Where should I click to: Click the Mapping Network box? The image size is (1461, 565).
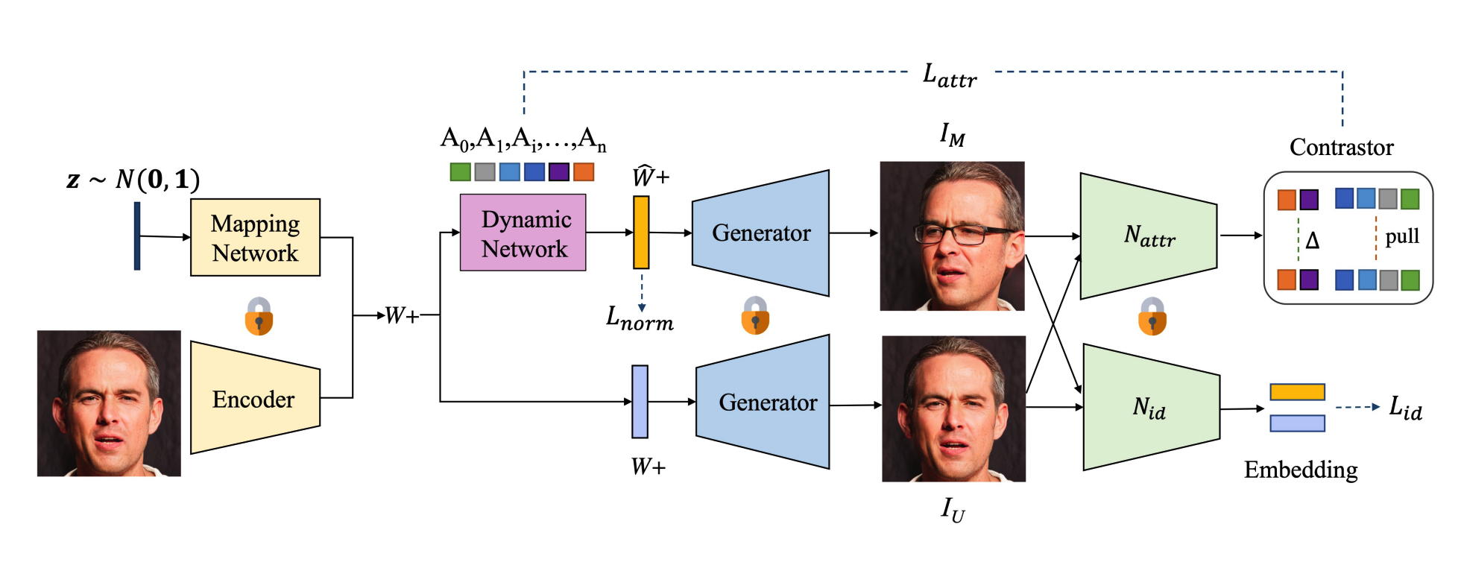coord(255,238)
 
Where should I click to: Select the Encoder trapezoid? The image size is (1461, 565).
coord(254,398)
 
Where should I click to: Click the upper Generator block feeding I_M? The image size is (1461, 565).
coord(760,233)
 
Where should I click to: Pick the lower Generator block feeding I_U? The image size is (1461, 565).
coord(763,403)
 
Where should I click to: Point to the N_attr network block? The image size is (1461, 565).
coord(1149,236)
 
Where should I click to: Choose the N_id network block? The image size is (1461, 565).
coord(1150,408)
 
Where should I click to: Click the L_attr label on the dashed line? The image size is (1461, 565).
coord(950,75)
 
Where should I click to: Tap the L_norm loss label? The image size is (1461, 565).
coord(640,319)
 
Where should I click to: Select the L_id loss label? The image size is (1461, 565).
coord(1405,408)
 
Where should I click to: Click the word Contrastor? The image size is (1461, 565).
coord(1341,147)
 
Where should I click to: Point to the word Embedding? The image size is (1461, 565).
coord(1301,470)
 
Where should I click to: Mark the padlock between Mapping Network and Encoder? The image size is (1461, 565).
coord(259,316)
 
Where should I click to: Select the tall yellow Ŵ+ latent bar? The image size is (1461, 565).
coord(641,232)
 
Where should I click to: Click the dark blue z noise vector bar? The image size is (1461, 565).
coord(137,236)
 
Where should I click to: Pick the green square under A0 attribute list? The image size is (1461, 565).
coord(460,172)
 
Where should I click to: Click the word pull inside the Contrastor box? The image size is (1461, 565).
coord(1401,237)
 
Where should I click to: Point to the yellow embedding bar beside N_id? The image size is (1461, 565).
coord(1297,392)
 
